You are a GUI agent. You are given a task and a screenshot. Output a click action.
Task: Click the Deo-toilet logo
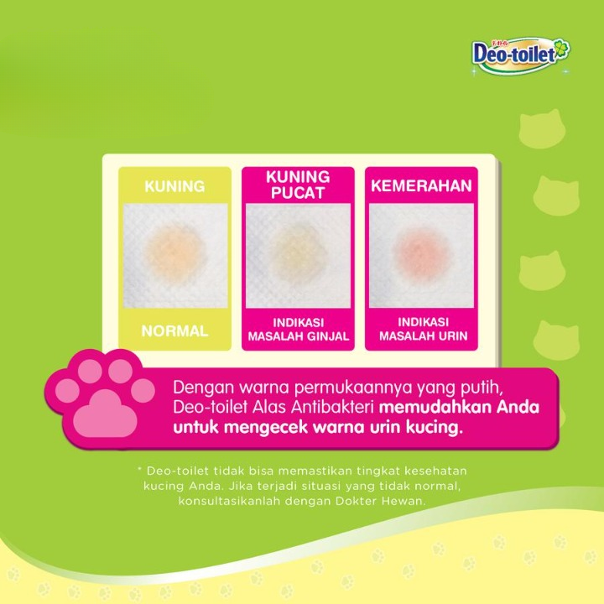click(520, 55)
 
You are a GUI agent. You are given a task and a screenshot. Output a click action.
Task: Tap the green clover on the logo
click(561, 49)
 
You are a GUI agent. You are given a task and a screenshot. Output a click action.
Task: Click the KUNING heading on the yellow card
click(174, 186)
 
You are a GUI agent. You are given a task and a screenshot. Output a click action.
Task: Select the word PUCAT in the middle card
click(297, 193)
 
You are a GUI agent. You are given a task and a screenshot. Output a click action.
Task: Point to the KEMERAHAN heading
click(421, 185)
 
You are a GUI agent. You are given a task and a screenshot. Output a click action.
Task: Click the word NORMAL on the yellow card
click(174, 331)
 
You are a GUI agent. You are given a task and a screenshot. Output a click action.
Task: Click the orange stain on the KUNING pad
click(174, 254)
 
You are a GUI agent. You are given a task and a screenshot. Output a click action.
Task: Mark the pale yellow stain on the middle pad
click(297, 255)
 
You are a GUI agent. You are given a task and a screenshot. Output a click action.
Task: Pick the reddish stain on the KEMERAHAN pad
click(421, 253)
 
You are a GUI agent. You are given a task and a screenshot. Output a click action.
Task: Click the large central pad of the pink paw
click(105, 414)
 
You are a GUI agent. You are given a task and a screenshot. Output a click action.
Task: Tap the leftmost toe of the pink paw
click(67, 391)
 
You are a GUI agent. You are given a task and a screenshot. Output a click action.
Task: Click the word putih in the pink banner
click(482, 388)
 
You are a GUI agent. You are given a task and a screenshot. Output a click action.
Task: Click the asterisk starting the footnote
click(139, 470)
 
